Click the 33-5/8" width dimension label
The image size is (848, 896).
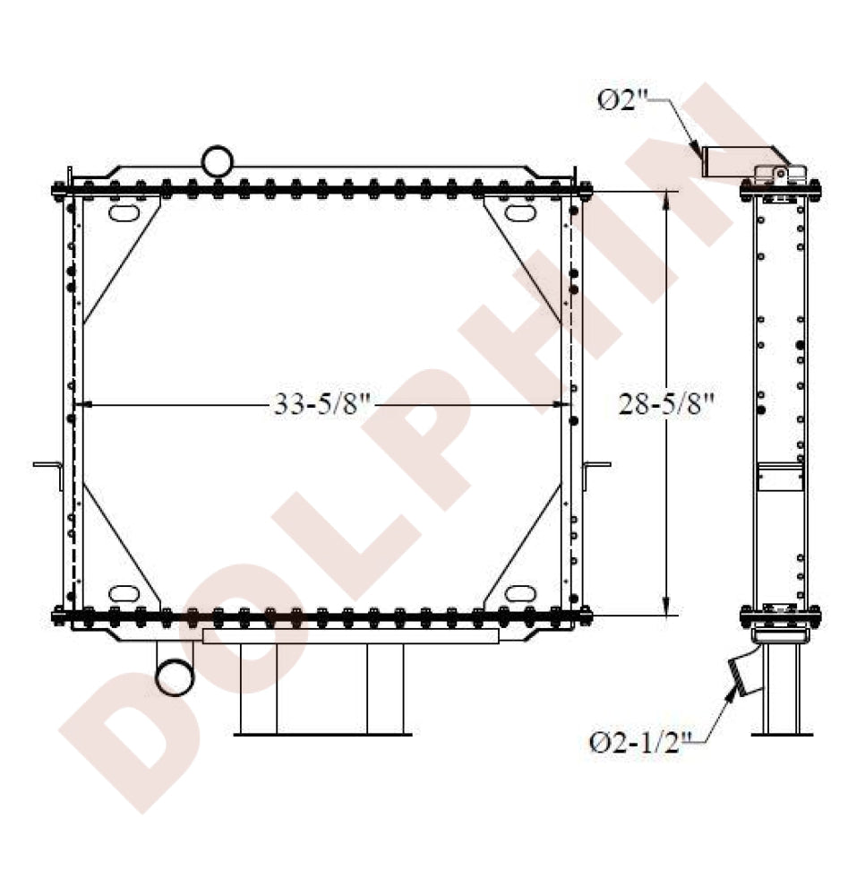click(x=322, y=405)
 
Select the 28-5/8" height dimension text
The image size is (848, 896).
click(x=666, y=405)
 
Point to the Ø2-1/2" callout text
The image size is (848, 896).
click(x=641, y=743)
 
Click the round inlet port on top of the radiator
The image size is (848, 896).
click(x=218, y=161)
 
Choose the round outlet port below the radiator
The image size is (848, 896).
click(x=175, y=677)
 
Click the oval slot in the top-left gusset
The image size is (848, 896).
click(x=124, y=213)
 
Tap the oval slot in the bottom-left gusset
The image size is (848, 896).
click(x=124, y=593)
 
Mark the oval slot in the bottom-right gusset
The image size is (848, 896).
click(x=520, y=593)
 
